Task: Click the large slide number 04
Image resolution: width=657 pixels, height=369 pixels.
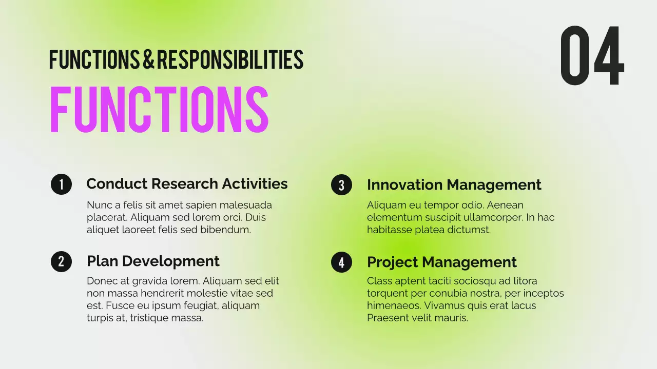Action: click(x=592, y=56)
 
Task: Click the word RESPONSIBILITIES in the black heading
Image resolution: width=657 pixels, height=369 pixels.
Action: click(x=230, y=60)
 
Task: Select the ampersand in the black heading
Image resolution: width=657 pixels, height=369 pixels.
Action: click(x=148, y=60)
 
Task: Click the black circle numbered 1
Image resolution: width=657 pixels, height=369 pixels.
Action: click(x=61, y=184)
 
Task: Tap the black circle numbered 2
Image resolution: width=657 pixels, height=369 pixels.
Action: click(x=61, y=261)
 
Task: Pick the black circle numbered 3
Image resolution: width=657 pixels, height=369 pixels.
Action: click(x=341, y=185)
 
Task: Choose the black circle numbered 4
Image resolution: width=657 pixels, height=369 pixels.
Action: click(x=341, y=262)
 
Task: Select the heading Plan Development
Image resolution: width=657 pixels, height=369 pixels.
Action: click(x=153, y=261)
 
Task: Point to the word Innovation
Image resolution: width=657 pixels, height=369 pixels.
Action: click(x=404, y=184)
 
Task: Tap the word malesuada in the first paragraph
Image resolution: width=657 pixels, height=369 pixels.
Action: click(x=246, y=205)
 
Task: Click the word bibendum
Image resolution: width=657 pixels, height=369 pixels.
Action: click(x=225, y=230)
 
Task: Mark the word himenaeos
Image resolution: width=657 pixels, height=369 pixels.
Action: click(x=393, y=305)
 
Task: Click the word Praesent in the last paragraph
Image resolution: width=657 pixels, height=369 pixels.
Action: click(x=389, y=318)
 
